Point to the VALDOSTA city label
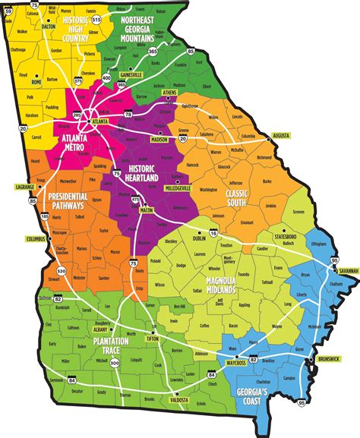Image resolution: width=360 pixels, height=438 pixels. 178,399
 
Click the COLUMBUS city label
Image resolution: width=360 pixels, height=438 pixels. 36,239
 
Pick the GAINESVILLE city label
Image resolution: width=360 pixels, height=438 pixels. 130,76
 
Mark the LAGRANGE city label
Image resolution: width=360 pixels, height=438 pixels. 25,186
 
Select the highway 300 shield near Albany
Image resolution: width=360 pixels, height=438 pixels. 115,342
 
